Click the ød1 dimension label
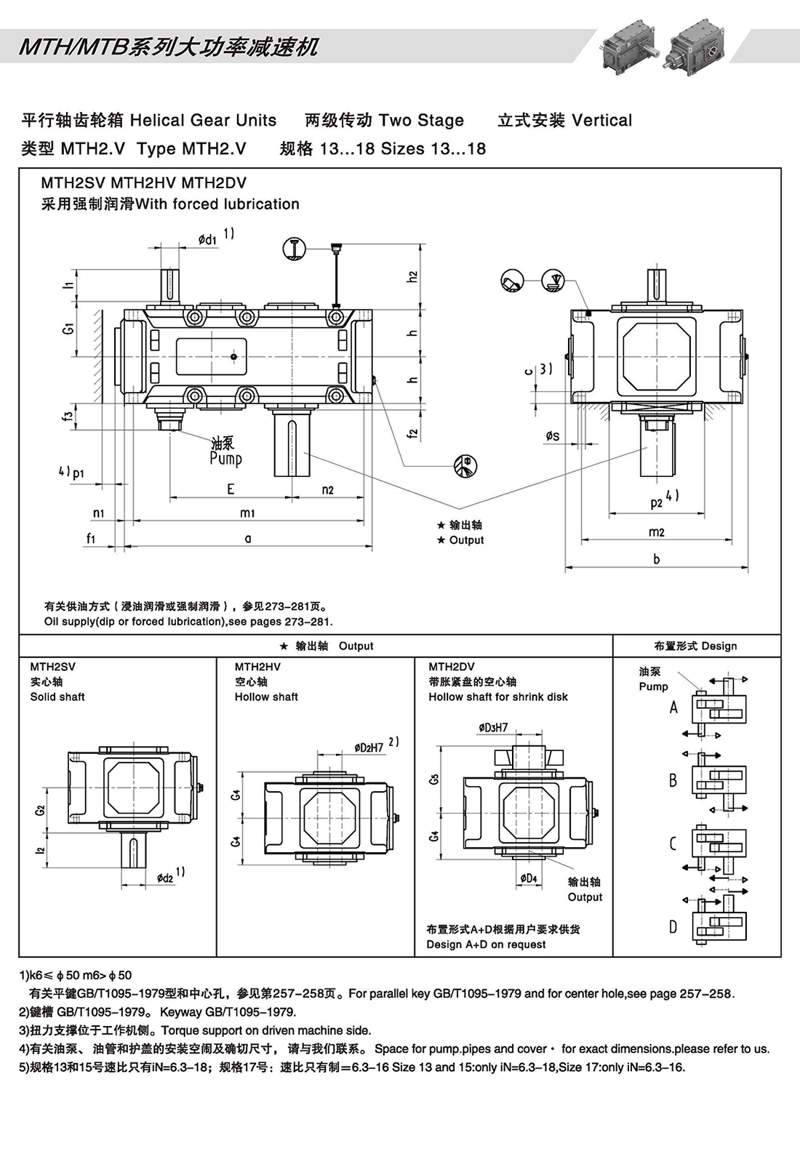click(x=207, y=238)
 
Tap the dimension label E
click(x=231, y=489)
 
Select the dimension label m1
click(x=247, y=513)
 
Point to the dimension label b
click(x=657, y=559)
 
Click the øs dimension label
click(x=553, y=436)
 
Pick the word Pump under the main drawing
click(x=225, y=459)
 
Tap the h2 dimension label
click(x=413, y=276)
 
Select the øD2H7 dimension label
click(x=369, y=747)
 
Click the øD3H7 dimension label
click(x=493, y=727)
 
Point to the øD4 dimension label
click(x=529, y=878)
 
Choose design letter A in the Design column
click(x=673, y=707)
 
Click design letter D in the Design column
click(x=673, y=926)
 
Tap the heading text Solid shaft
click(x=57, y=697)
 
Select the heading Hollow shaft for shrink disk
click(x=498, y=697)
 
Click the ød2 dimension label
click(x=166, y=878)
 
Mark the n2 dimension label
click(x=327, y=489)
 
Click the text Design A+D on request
click(x=486, y=945)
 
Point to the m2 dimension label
click(x=656, y=532)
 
